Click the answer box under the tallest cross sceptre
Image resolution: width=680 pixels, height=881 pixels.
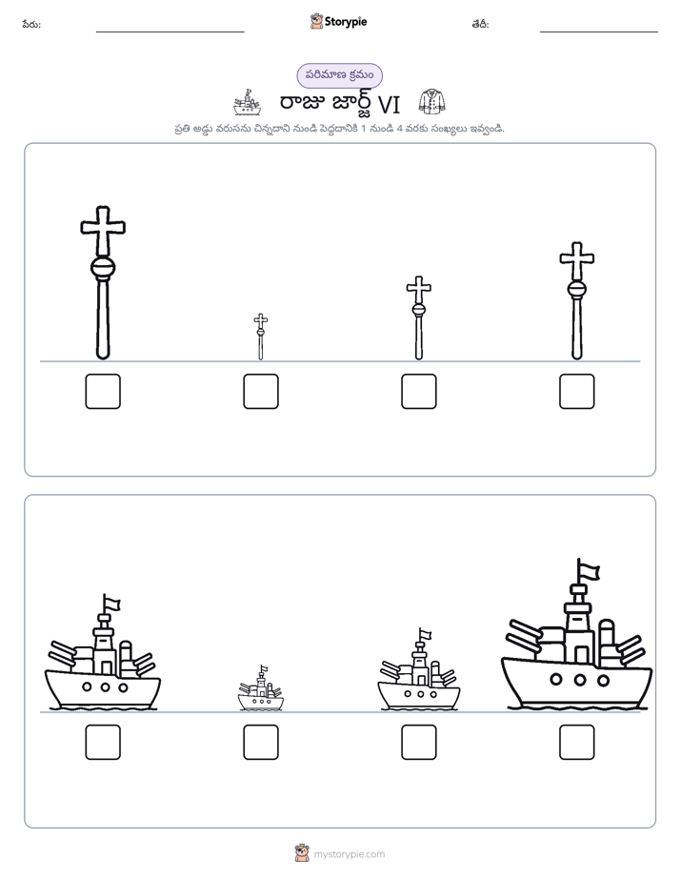click(103, 391)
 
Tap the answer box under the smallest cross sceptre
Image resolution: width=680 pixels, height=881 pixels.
click(261, 391)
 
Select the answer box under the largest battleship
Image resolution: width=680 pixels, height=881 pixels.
click(577, 742)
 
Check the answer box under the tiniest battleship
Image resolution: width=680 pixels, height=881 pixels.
click(261, 742)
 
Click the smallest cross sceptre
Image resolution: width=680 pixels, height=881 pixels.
click(260, 337)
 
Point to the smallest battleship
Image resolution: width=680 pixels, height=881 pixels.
click(261, 688)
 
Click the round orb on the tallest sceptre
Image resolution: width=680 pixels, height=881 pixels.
click(103, 267)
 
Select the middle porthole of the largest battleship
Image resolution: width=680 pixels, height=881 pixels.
click(580, 680)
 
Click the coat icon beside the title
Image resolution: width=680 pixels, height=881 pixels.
click(432, 102)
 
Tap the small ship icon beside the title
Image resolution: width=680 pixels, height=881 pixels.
click(248, 102)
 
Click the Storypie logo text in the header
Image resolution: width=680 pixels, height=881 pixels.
click(346, 22)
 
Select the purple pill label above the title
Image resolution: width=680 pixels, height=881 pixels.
click(339, 75)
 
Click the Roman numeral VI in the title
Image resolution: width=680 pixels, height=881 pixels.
click(389, 105)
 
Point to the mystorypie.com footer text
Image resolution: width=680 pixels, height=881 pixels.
click(349, 854)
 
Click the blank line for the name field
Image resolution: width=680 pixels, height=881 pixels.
click(170, 31)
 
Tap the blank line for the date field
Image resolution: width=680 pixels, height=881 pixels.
click(599, 31)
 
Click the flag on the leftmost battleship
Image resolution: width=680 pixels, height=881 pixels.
click(111, 603)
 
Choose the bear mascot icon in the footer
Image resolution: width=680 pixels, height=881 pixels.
click(302, 853)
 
